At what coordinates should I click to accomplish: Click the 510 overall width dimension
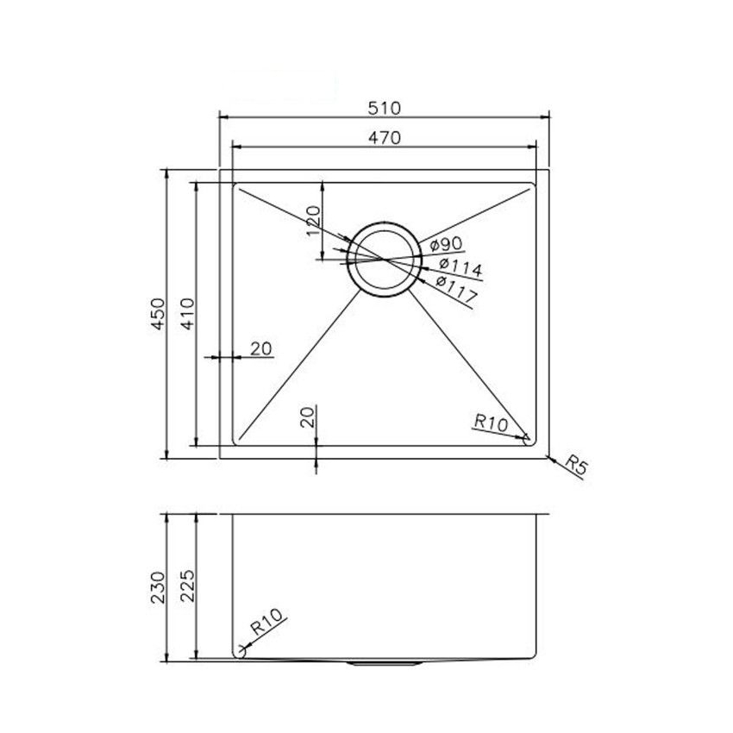point(385,108)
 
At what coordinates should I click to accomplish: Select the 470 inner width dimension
point(385,137)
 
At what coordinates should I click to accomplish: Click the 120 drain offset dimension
point(314,221)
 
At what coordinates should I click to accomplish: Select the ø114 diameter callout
point(454,266)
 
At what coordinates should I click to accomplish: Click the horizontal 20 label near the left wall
point(261,348)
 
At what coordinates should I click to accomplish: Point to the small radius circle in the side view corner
point(241,654)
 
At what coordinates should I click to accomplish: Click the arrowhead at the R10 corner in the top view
point(525,437)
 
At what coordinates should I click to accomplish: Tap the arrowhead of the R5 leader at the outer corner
point(549,454)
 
